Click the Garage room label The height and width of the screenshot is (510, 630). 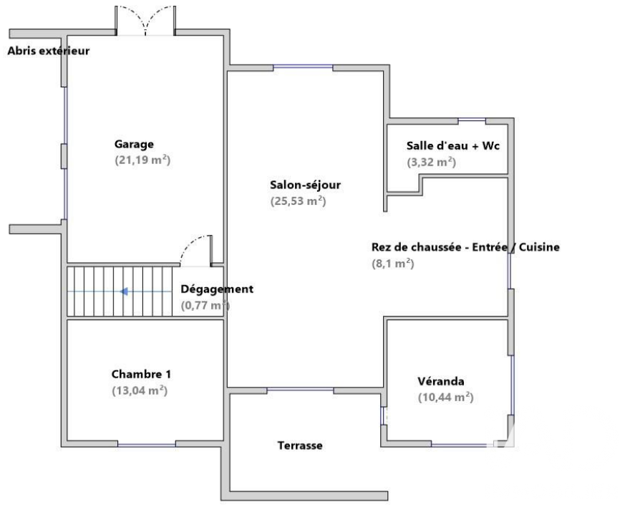point(134,144)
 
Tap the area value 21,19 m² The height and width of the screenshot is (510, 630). point(142,160)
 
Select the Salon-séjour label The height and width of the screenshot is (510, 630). point(306,185)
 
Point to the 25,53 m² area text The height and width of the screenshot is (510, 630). point(298,201)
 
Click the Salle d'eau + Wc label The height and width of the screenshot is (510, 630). point(452,145)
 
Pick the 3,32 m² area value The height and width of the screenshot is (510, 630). point(432,163)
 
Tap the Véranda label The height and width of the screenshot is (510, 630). point(441,381)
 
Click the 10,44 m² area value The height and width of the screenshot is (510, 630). point(446,398)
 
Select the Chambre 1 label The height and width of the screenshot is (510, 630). point(141,374)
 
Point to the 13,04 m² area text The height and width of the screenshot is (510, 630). point(140,390)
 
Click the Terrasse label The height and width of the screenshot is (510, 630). point(300,446)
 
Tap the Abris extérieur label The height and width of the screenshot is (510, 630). point(48,51)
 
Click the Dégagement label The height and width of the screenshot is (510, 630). point(217,289)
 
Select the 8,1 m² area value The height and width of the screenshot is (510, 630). point(393,264)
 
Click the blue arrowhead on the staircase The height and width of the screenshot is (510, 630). point(124,292)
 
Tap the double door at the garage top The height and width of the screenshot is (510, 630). point(145,21)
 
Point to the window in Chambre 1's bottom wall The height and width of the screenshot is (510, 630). point(147,445)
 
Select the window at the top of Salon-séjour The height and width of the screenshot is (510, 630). point(304,67)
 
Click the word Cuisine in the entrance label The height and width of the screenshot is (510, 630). point(539,247)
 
